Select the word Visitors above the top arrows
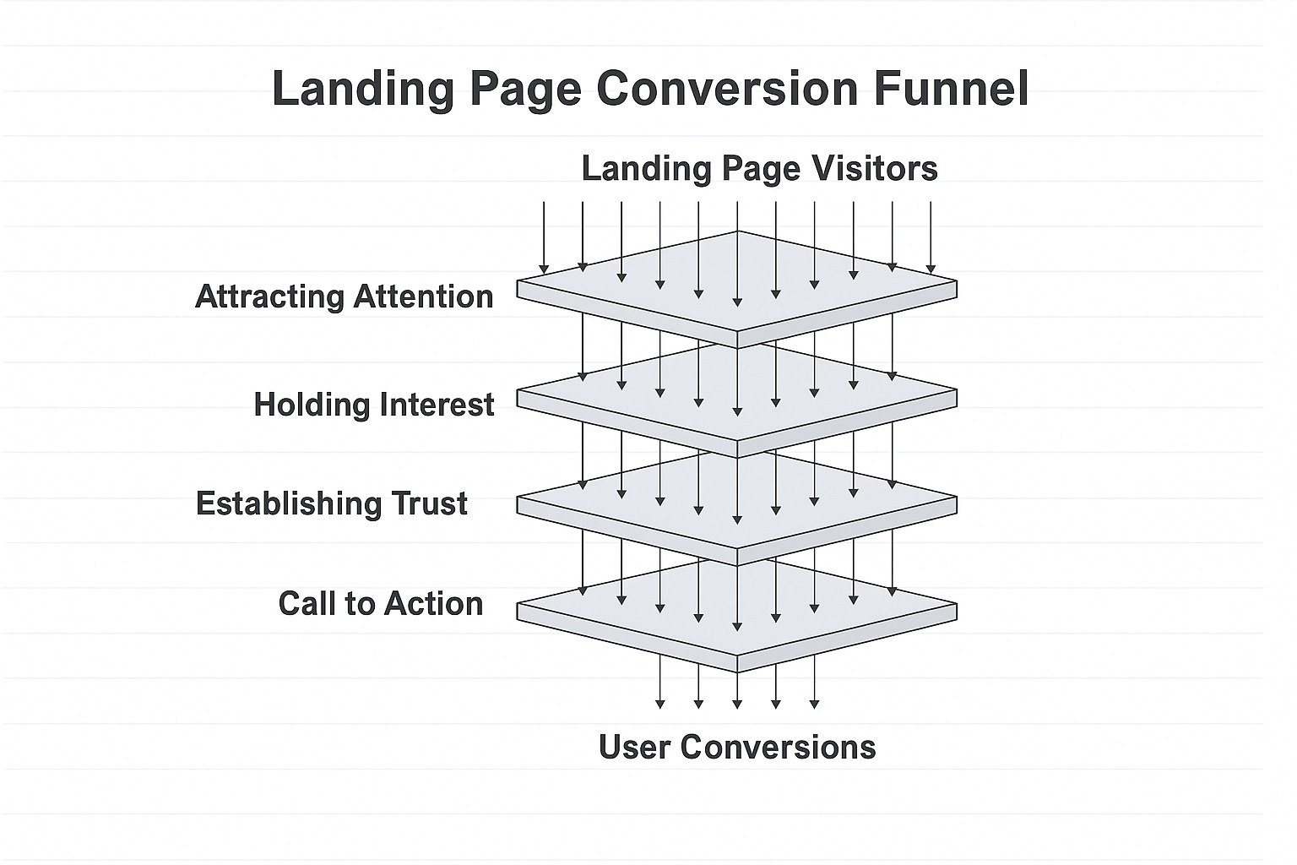pos(874,168)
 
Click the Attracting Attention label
pos(344,296)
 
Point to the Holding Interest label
pos(373,405)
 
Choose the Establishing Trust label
pos(331,503)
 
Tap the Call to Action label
pos(380,603)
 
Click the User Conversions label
pos(737,747)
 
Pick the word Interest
pos(436,405)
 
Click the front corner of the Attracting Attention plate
pos(737,340)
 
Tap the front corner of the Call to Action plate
pos(737,664)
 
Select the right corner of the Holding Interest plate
pos(956,397)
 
